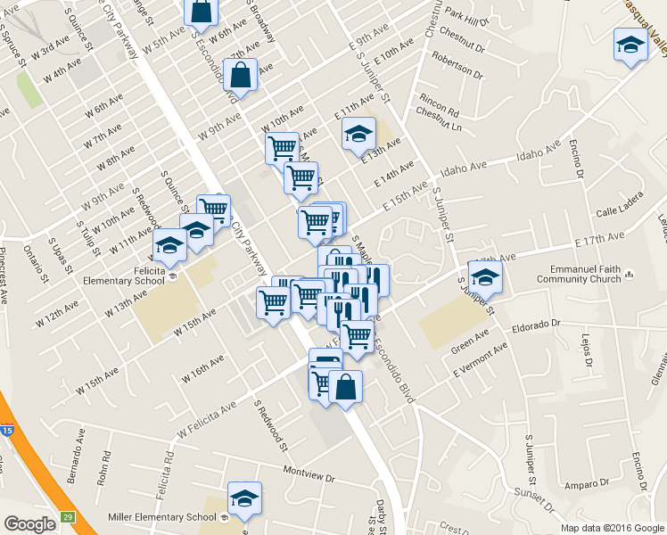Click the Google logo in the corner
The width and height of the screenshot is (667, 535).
pos(30,523)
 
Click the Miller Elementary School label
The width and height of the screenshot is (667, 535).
pos(160,517)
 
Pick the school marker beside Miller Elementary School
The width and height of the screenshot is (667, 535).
pos(243,500)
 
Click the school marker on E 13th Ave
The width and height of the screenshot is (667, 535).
pos(358,135)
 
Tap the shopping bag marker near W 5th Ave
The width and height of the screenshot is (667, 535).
pos(202,12)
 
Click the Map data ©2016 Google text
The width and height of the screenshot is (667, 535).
pos(612,527)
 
